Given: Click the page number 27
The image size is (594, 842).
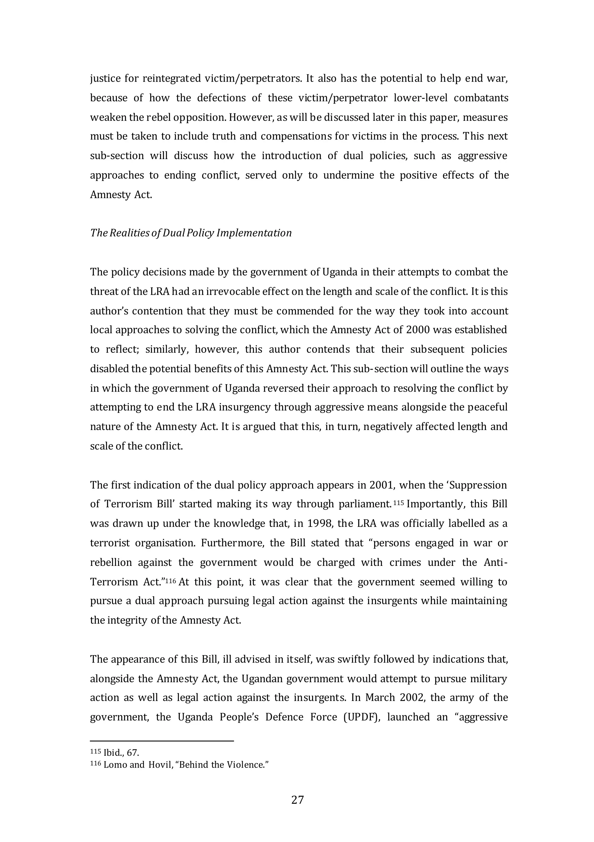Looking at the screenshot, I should tap(297, 799).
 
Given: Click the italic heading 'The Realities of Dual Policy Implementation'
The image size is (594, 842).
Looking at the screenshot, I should tap(191, 233).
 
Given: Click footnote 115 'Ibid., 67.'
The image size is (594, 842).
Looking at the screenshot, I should tap(115, 753).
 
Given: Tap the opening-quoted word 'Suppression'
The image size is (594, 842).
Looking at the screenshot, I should tap(477, 485).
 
